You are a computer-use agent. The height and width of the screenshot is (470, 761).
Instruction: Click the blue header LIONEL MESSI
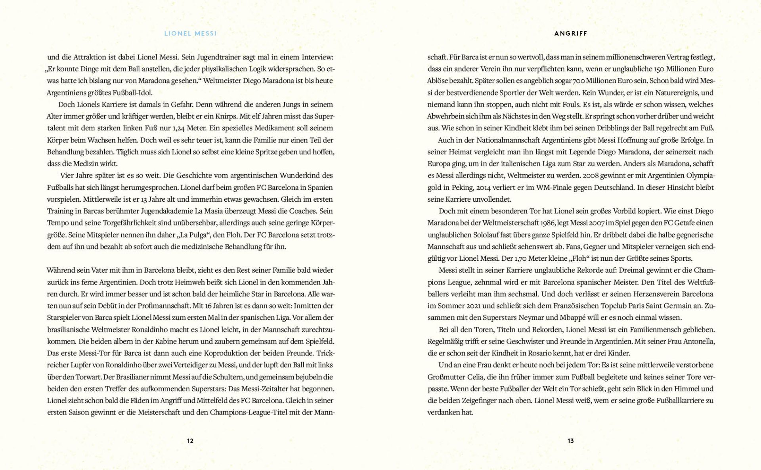coord(190,34)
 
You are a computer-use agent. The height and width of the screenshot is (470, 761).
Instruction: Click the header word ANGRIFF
coord(570,34)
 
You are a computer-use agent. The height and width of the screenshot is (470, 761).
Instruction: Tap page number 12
coord(190,441)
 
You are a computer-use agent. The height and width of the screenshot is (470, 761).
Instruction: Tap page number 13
coord(570,441)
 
